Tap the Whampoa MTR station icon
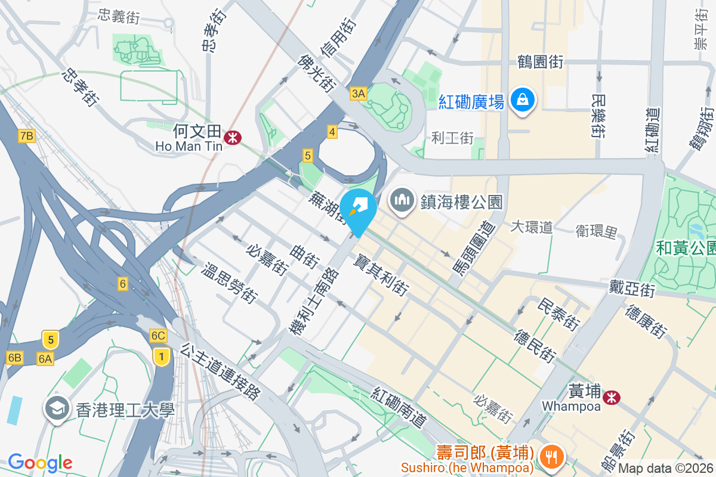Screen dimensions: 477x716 click(x=611, y=397)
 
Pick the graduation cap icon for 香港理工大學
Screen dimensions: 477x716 click(x=57, y=409)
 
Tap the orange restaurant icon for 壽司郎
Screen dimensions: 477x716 click(x=548, y=456)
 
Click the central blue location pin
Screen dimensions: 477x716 click(x=359, y=210)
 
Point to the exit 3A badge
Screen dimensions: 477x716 click(x=358, y=93)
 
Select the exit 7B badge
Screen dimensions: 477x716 click(x=26, y=136)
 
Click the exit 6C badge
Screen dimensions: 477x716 click(x=158, y=336)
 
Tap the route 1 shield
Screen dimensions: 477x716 click(x=159, y=357)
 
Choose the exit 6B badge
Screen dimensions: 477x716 click(x=15, y=358)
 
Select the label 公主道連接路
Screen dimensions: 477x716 click(x=221, y=371)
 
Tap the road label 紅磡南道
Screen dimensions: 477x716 click(x=399, y=408)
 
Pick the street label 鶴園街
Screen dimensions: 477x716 click(x=541, y=61)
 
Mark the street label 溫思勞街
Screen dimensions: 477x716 click(x=230, y=283)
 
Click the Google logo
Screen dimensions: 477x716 click(x=40, y=462)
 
